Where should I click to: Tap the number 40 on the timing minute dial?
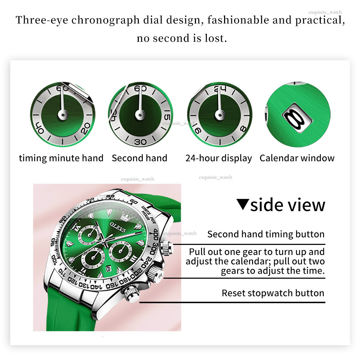(40, 127)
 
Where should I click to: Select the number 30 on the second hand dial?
(140, 142)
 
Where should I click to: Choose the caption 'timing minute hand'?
(61, 158)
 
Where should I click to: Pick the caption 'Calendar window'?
(297, 158)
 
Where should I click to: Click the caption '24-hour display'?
(219, 158)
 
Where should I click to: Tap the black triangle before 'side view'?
(243, 204)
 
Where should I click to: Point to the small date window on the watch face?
(109, 268)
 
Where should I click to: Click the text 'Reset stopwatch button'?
(273, 293)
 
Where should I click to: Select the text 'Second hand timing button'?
(266, 234)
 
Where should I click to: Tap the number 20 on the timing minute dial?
(85, 128)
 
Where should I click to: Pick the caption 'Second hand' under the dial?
(140, 158)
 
